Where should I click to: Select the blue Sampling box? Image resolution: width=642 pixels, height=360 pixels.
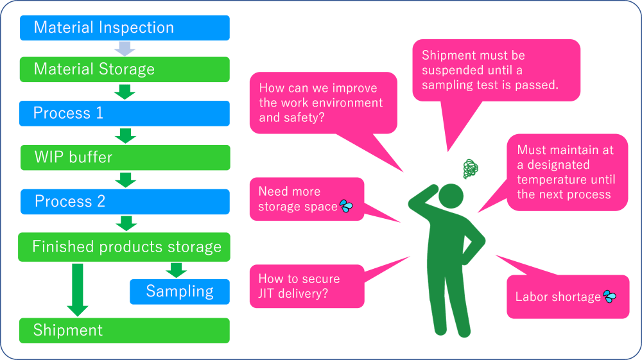[179, 291]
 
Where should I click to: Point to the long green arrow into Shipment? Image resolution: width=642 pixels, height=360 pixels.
[78, 288]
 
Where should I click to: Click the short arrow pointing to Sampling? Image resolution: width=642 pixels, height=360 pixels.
[177, 270]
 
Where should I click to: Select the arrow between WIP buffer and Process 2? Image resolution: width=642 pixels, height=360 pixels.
[126, 180]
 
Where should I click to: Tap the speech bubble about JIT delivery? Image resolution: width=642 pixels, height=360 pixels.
[306, 286]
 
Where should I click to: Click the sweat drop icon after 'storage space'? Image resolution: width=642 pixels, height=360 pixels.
[347, 207]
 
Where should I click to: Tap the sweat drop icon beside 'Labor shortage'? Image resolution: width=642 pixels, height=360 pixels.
[609, 296]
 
